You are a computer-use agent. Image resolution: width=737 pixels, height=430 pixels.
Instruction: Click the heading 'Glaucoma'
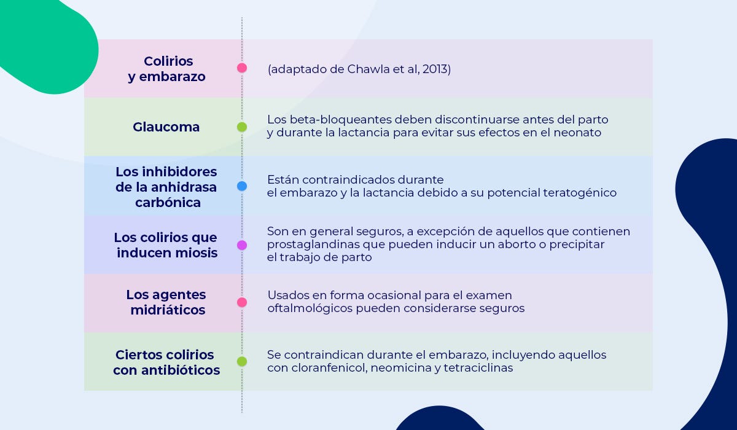(x=166, y=127)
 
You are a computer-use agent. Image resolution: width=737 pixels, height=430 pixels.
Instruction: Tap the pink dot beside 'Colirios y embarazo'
(x=242, y=68)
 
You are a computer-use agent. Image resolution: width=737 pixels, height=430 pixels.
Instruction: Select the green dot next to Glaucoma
(x=242, y=127)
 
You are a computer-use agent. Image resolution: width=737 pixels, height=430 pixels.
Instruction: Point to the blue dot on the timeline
(x=242, y=186)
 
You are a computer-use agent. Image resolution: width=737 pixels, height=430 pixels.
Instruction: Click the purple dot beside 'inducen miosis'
(x=242, y=245)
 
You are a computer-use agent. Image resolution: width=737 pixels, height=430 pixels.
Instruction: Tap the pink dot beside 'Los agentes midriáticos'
(x=242, y=302)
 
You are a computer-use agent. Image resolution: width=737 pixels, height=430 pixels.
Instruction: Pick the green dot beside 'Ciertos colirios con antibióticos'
(x=242, y=361)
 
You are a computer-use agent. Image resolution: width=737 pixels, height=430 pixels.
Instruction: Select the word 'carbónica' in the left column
(x=168, y=202)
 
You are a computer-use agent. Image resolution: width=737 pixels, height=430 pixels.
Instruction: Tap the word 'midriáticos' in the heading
(x=168, y=310)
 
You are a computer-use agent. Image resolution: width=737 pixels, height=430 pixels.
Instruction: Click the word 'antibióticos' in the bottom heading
(x=181, y=370)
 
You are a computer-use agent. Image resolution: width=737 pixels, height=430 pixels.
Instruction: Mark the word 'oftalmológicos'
(x=310, y=308)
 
